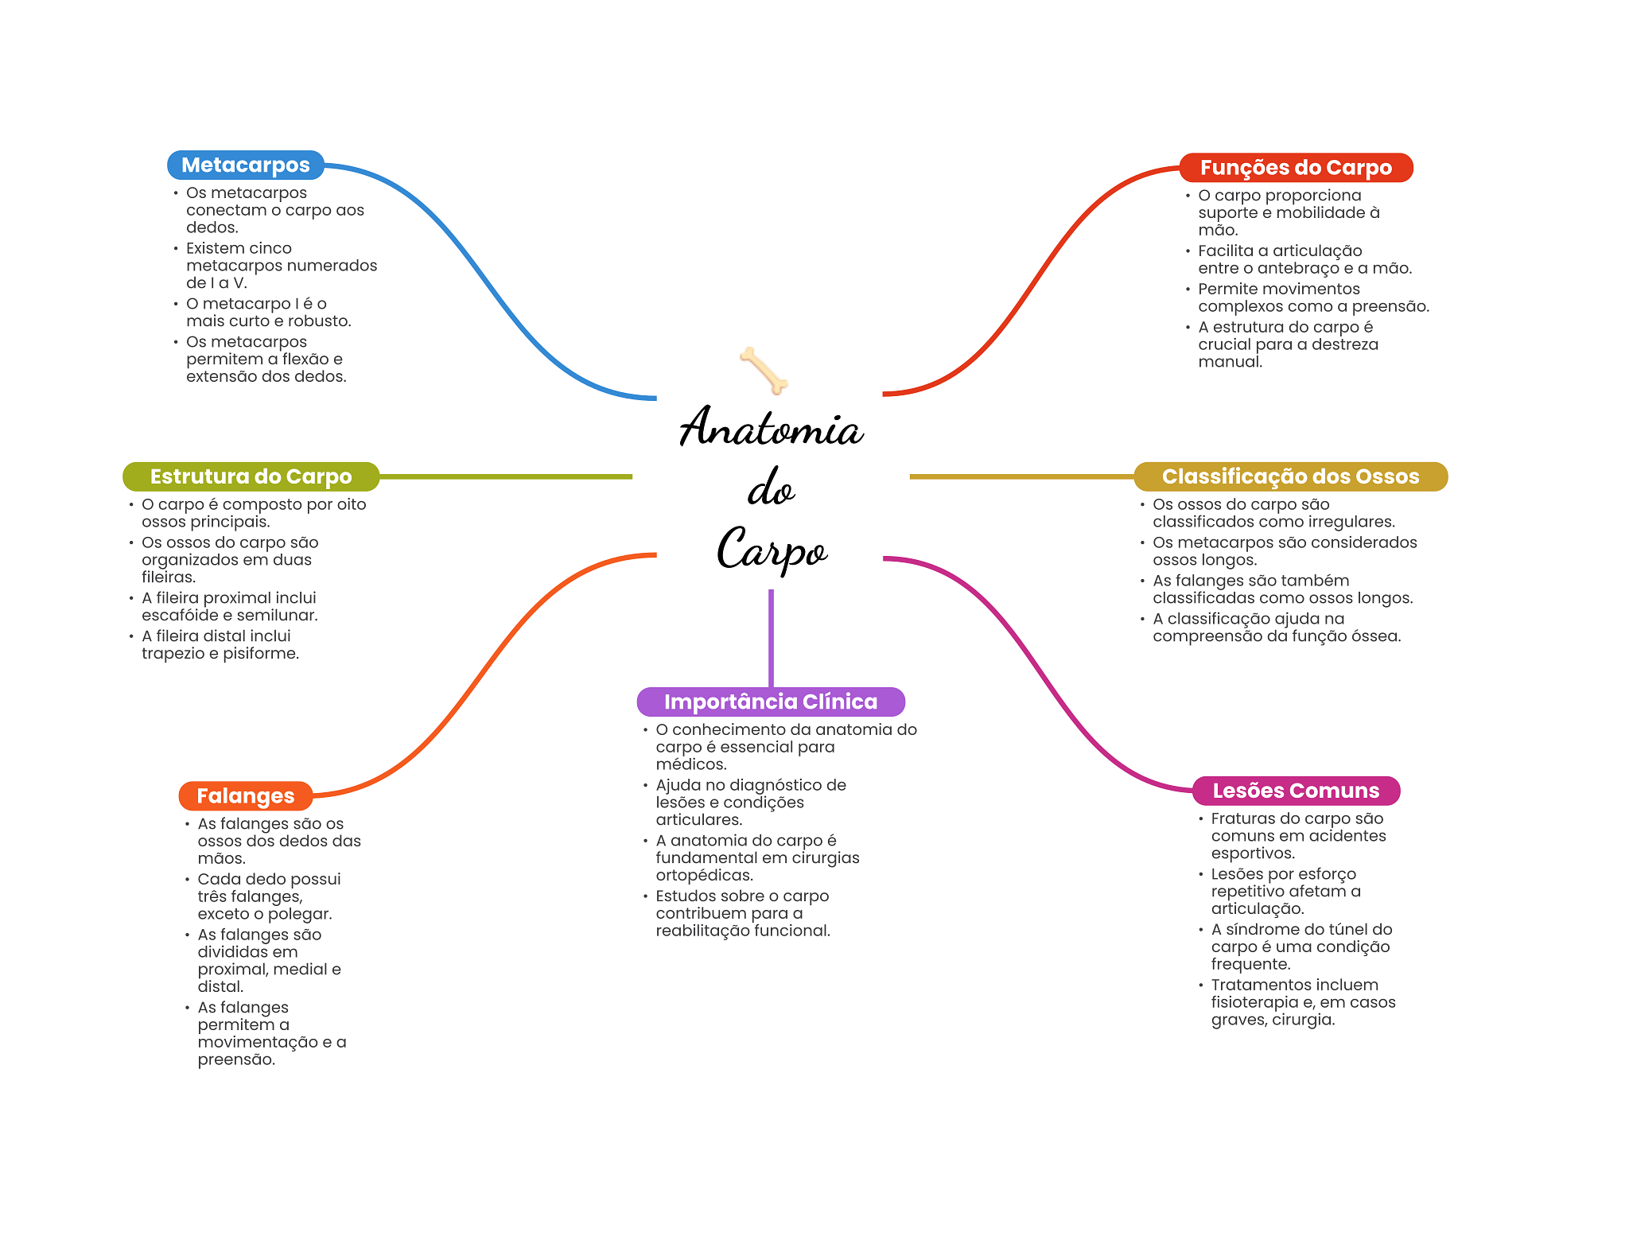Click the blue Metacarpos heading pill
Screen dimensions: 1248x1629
pyautogui.click(x=245, y=165)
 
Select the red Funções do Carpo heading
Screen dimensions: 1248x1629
pyautogui.click(x=1295, y=168)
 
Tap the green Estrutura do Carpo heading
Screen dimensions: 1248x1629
pyautogui.click(x=251, y=476)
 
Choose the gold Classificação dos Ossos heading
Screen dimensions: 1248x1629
pyautogui.click(x=1289, y=476)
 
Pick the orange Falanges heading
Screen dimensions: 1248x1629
pyautogui.click(x=245, y=795)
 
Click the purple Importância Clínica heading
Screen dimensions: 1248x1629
pyautogui.click(x=770, y=702)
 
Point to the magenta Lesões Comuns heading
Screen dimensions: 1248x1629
pyautogui.click(x=1295, y=791)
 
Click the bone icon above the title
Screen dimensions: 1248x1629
pyautogui.click(x=764, y=370)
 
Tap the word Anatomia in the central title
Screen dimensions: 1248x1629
pyautogui.click(x=771, y=428)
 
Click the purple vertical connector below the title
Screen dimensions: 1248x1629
pyautogui.click(x=771, y=636)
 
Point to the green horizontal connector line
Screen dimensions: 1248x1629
pyautogui.click(x=505, y=476)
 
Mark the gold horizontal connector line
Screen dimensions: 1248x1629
pyautogui.click(x=1021, y=476)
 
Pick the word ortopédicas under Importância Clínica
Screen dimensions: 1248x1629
pyautogui.click(x=704, y=876)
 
